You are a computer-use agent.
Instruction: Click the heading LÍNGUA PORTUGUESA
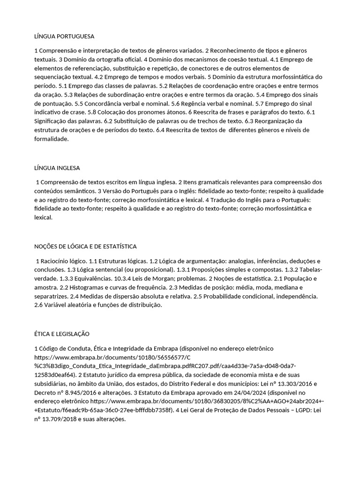point(64,36)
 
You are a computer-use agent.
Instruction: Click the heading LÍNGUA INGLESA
point(57,167)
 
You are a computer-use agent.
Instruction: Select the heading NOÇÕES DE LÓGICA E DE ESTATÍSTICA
point(85,247)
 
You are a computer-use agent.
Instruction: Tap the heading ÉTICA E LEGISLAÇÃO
point(62,334)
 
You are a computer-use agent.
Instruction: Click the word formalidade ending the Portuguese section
point(52,139)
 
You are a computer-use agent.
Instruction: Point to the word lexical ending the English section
point(43,218)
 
